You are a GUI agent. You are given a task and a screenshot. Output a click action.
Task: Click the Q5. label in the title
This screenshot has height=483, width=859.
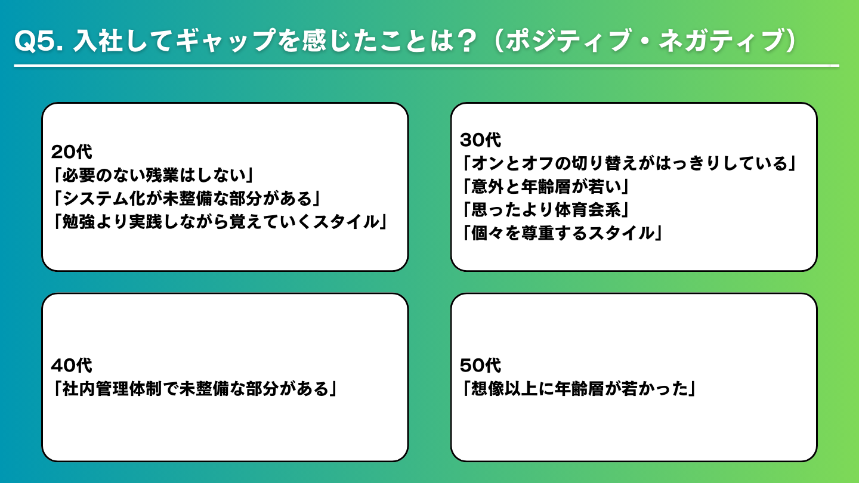(39, 41)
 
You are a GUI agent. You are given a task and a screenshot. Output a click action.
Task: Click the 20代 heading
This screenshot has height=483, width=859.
(72, 152)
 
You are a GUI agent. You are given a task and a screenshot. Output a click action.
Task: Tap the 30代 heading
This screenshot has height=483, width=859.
(481, 140)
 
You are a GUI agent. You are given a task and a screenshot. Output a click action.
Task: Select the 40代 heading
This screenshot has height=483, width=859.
(72, 366)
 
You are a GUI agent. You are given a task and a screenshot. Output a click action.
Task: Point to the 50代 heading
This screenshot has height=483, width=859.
(481, 366)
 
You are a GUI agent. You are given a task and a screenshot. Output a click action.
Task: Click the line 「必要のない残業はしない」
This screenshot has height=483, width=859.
(153, 175)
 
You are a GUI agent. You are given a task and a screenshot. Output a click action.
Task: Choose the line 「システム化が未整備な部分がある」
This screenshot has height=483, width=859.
(187, 199)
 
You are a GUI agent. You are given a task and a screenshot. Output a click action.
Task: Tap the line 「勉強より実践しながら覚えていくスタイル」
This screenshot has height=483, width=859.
(220, 222)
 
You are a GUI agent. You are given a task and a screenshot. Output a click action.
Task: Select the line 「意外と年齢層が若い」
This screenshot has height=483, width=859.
(545, 187)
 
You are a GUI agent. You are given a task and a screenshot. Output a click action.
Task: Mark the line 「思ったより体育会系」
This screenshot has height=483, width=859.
(545, 210)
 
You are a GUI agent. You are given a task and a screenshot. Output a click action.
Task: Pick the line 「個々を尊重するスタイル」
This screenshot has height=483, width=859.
(562, 234)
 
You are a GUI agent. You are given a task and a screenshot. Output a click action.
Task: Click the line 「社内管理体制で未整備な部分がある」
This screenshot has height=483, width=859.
(195, 389)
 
